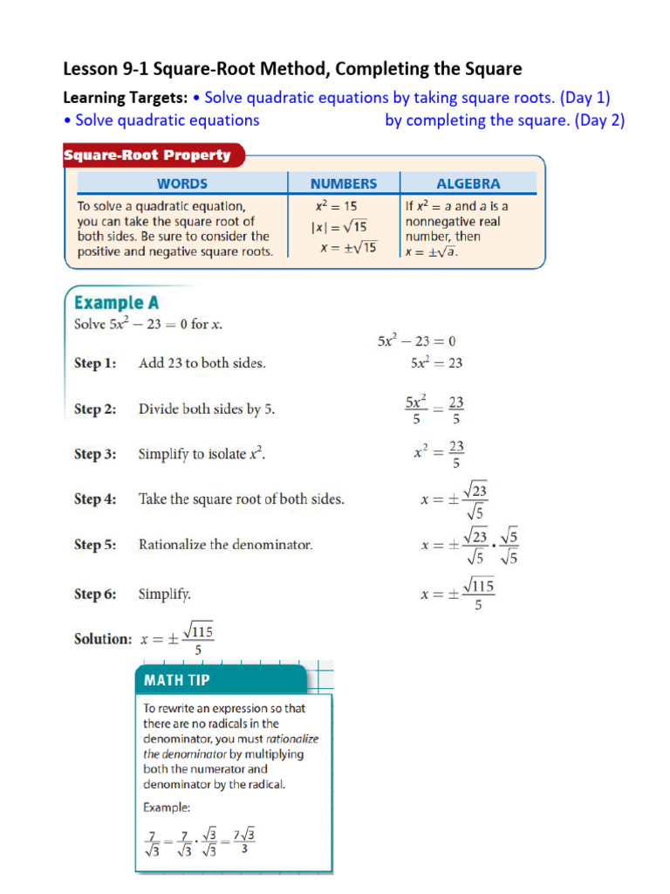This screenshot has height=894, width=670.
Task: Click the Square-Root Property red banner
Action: pos(148,155)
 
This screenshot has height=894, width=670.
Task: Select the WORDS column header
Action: pos(181,183)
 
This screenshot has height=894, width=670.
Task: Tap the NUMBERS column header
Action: pos(344,183)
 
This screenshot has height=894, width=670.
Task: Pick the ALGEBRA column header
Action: pos(468,183)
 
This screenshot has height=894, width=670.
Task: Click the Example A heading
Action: pos(117,303)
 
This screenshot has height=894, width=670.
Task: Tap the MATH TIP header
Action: pos(177,679)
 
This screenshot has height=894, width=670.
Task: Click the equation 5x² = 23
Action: pos(436,363)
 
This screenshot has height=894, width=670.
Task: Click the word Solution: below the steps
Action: pos(102,639)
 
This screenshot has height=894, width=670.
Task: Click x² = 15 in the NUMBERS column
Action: pos(336,207)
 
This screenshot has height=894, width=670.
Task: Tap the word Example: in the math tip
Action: pos(167,808)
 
